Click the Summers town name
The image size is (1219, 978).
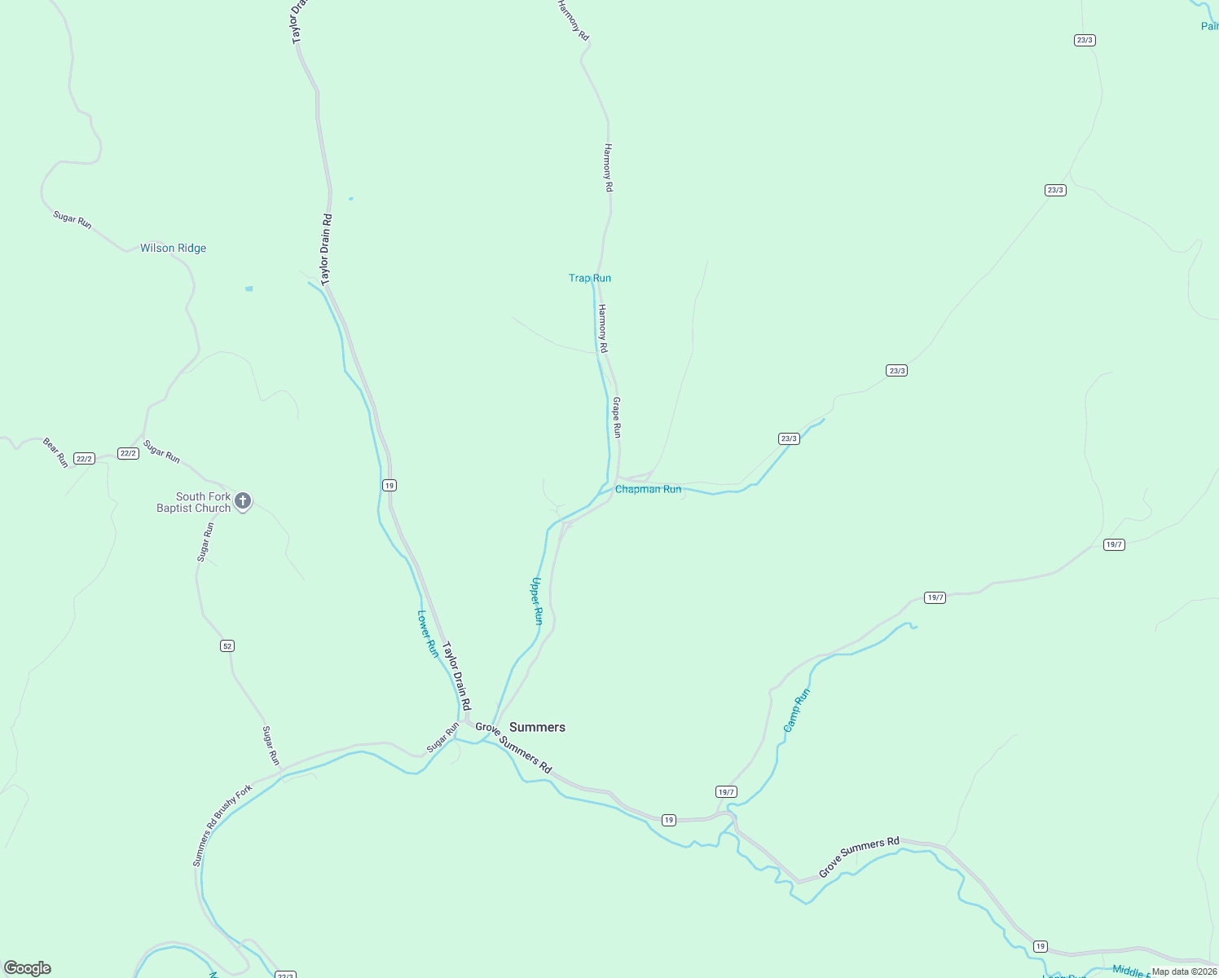[537, 727]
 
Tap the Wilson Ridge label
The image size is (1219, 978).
[173, 248]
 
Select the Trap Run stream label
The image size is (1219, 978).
[590, 278]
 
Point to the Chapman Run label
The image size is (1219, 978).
[648, 489]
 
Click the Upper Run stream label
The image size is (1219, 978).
[536, 601]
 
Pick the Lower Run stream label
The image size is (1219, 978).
[428, 633]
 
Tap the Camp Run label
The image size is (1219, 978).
[797, 710]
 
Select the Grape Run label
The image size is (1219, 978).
[617, 417]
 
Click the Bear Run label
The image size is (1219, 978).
[55, 452]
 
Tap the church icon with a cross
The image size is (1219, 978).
[243, 500]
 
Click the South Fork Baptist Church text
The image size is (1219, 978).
[194, 502]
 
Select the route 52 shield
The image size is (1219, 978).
[227, 646]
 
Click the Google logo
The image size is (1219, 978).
[28, 968]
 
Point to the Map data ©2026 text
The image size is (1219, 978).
[1183, 971]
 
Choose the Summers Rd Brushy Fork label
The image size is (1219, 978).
[222, 826]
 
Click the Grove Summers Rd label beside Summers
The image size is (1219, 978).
[513, 747]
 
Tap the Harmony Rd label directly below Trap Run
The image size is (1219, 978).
[603, 328]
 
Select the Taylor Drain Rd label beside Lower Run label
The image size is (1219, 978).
[456, 675]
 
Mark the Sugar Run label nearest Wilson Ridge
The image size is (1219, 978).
[73, 219]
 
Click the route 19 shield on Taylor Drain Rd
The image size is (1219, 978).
[389, 486]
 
